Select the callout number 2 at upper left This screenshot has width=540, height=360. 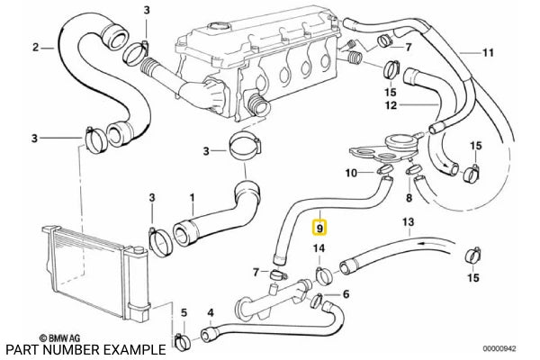[35, 47]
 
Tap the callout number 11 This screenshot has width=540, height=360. [489, 52]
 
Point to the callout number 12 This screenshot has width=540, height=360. [390, 105]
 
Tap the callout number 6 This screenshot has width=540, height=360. [346, 293]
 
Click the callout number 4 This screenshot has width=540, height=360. [210, 314]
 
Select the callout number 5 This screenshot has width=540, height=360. [184, 314]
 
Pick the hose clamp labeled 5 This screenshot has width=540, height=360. [182, 340]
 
